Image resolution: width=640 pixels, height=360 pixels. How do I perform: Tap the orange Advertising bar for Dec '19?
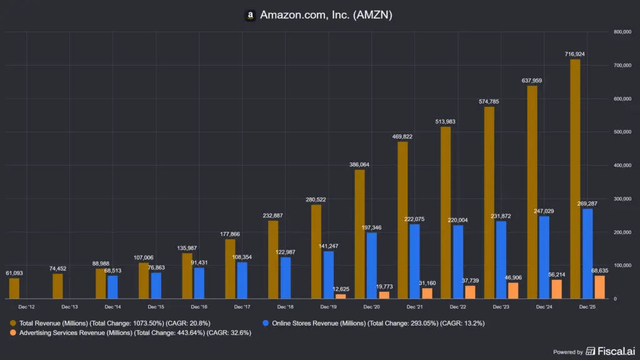click(341, 296)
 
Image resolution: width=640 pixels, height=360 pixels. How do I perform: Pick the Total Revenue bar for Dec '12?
click(14, 288)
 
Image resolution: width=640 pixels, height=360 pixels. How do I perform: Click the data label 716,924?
click(576, 54)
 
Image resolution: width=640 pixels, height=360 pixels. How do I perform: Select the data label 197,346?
click(372, 227)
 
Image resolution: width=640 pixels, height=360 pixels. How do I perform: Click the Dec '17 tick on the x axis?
click(242, 307)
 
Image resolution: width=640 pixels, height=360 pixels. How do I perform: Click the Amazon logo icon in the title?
click(249, 14)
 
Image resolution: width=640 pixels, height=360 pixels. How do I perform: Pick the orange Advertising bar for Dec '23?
click(514, 291)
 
